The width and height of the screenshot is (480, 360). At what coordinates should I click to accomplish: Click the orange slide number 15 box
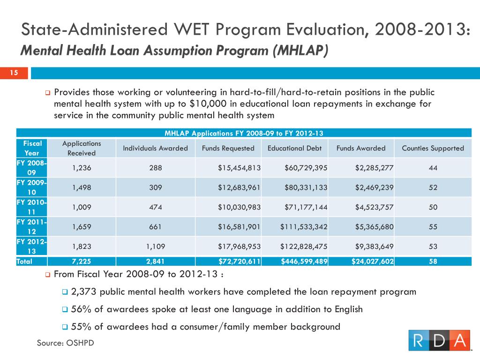pyautogui.click(x=14, y=73)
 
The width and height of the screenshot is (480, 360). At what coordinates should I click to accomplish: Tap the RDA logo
pyautogui.click(x=439, y=340)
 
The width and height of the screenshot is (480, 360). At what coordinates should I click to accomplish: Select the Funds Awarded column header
pyautogui.click(x=361, y=148)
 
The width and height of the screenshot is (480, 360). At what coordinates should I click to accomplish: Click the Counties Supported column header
pyautogui.click(x=433, y=148)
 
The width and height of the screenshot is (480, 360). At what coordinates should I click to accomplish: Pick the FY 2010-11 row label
pyautogui.click(x=31, y=207)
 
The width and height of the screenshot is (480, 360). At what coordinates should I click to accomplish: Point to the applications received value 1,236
pyautogui.click(x=82, y=168)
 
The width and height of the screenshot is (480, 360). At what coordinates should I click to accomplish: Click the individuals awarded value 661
pyautogui.click(x=155, y=226)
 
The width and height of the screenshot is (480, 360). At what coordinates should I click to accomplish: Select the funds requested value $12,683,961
pyautogui.click(x=239, y=187)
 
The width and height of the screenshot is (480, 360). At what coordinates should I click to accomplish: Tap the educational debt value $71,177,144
pyautogui.click(x=306, y=207)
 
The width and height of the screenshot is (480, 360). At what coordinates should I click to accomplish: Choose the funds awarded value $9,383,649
pyautogui.click(x=374, y=247)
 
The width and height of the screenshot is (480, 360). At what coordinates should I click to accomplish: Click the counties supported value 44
pyautogui.click(x=433, y=168)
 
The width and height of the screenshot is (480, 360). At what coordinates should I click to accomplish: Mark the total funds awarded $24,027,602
pyautogui.click(x=373, y=262)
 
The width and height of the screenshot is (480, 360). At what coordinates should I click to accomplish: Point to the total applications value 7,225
pyautogui.click(x=82, y=262)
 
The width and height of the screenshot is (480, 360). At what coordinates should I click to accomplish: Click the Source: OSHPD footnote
pyautogui.click(x=66, y=343)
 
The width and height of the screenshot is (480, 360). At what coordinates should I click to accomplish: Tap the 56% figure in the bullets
pyautogui.click(x=81, y=309)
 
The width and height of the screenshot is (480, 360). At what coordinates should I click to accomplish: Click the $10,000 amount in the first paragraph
pyautogui.click(x=208, y=104)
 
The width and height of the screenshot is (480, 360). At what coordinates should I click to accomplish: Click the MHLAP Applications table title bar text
pyautogui.click(x=244, y=133)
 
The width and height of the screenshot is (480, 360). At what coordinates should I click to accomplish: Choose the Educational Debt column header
pyautogui.click(x=294, y=148)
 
